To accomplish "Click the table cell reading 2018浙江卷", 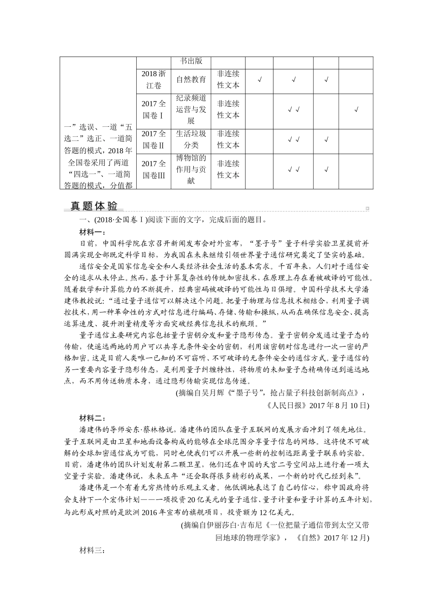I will [x=154, y=79].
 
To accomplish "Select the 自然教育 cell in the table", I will [x=191, y=79].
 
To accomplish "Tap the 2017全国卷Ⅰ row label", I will [x=154, y=109].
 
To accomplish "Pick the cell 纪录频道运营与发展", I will [x=191, y=109].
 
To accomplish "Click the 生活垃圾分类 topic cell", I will [x=191, y=140].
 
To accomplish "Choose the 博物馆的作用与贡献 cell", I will [x=191, y=169].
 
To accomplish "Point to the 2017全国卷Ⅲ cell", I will [x=154, y=169].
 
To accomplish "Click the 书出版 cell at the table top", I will [x=191, y=62].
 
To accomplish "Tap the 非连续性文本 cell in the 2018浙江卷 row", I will [x=228, y=79].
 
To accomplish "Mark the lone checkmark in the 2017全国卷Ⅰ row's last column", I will [x=356, y=109].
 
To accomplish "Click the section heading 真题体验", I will [x=94, y=206].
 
